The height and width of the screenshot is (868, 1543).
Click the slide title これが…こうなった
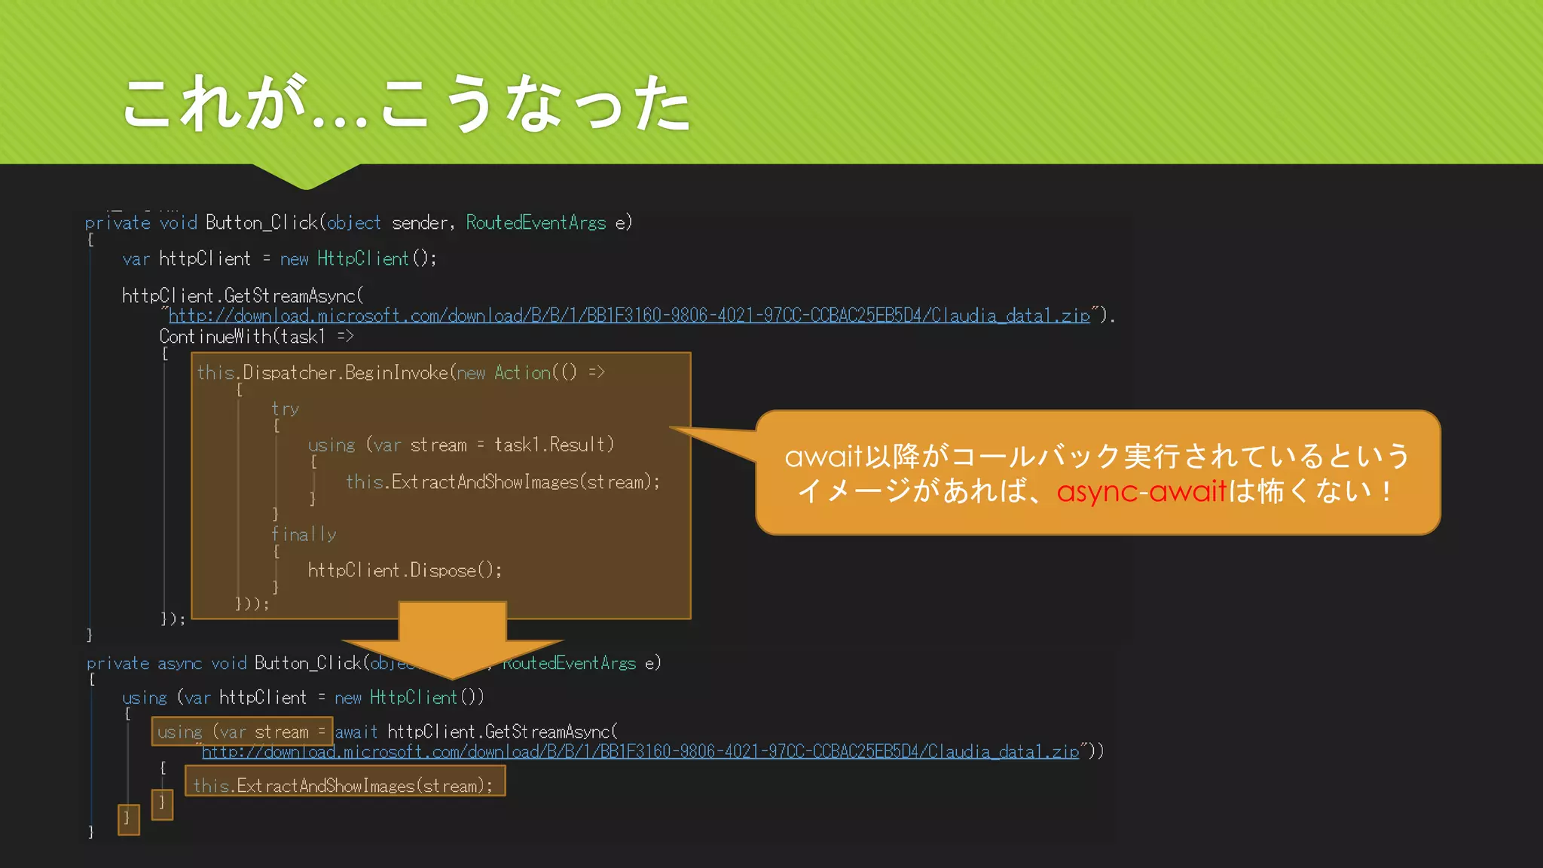[407, 104]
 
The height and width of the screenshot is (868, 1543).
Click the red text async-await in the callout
[1141, 492]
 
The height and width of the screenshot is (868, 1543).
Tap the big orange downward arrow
[452, 637]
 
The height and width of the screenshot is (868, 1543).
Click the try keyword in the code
[286, 409]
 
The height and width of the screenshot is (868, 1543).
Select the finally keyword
[304, 534]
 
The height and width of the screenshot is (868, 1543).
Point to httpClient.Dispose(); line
[405, 570]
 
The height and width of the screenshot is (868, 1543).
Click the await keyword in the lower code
[356, 732]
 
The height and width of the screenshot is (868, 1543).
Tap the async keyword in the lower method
[180, 663]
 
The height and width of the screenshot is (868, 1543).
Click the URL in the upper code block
[629, 316]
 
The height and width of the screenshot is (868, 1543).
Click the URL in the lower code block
[640, 751]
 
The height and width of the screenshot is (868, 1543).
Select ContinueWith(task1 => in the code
[256, 336]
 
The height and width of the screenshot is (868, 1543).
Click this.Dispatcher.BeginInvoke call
[322, 372]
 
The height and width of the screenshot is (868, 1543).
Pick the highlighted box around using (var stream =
[242, 732]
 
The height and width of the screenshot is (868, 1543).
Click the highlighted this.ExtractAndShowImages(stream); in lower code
[344, 785]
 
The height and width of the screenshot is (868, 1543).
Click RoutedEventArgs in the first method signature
[536, 222]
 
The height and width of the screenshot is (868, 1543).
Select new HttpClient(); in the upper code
[358, 258]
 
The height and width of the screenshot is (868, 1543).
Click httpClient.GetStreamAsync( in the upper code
[243, 295]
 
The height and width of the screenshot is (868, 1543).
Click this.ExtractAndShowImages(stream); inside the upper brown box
[503, 481]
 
